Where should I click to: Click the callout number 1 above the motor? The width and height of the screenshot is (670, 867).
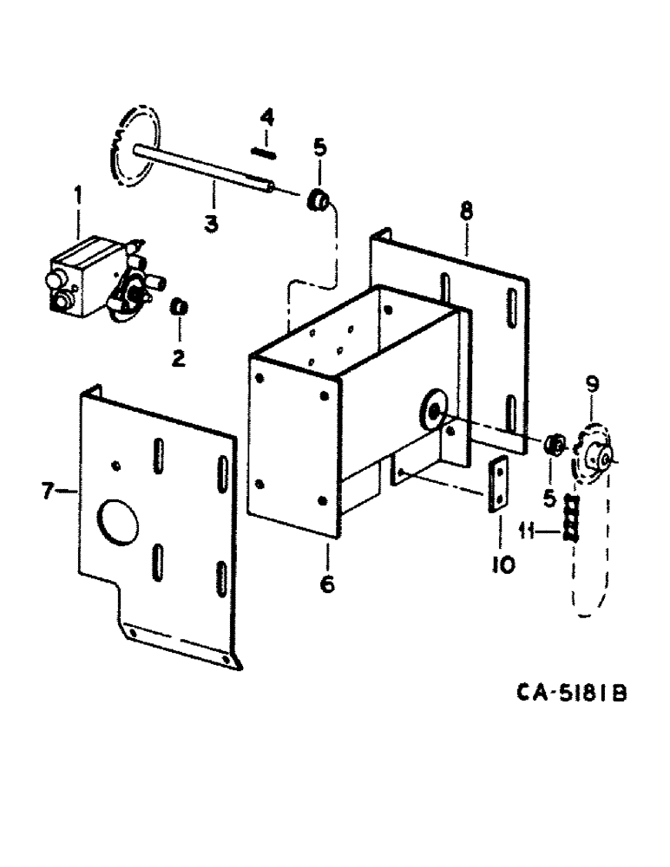click(78, 197)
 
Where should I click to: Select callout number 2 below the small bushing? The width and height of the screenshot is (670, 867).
click(178, 357)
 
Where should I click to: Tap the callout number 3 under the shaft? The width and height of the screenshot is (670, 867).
click(211, 223)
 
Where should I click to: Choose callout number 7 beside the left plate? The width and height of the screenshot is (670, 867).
click(49, 492)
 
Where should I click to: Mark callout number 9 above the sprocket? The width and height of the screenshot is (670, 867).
click(592, 383)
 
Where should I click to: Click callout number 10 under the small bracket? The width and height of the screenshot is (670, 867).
click(503, 565)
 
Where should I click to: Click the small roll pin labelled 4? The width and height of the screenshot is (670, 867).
click(263, 153)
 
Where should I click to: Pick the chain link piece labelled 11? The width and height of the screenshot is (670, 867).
click(569, 518)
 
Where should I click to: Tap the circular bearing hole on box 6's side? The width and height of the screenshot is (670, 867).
click(431, 406)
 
